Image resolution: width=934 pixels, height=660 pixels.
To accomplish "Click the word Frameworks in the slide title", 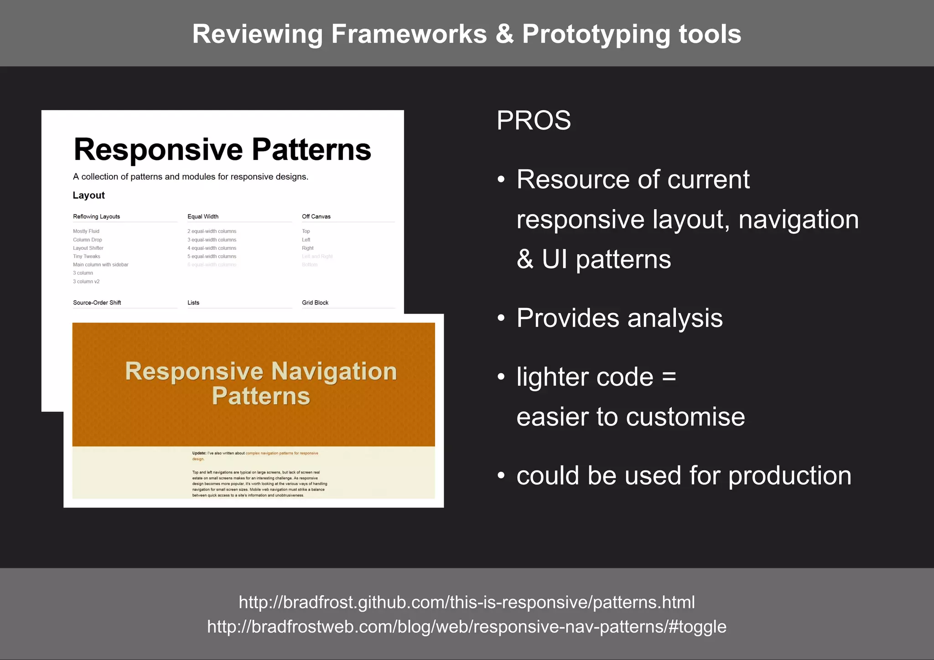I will (x=409, y=34).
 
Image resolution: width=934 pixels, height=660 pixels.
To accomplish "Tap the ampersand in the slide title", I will (x=504, y=34).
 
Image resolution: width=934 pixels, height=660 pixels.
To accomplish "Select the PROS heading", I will (x=534, y=120).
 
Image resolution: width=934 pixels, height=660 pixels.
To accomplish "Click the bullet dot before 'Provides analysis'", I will (x=501, y=318).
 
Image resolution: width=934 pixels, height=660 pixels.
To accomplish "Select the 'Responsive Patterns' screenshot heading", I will (x=222, y=150).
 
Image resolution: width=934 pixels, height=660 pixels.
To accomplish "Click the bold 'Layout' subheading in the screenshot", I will (x=88, y=195).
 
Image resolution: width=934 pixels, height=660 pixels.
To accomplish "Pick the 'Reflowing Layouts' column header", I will (x=96, y=217).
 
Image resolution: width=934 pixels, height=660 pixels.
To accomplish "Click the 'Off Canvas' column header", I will (x=316, y=217).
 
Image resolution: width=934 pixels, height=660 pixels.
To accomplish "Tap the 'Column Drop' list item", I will (x=88, y=240).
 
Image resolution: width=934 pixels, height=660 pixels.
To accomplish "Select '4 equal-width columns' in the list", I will (x=212, y=248).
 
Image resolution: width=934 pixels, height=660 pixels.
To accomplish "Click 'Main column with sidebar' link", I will (x=100, y=265).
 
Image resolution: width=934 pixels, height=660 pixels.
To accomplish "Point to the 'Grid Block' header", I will (x=315, y=303).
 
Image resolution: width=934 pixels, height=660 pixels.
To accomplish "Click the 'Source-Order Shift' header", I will (x=97, y=303).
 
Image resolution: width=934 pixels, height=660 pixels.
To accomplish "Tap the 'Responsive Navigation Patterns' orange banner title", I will (x=261, y=383).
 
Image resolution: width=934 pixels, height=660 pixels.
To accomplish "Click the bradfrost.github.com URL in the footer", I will (x=467, y=602).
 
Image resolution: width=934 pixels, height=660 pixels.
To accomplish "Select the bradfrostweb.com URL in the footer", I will (x=467, y=627).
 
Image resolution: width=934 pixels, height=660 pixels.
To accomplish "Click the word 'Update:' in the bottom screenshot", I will (x=199, y=453).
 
